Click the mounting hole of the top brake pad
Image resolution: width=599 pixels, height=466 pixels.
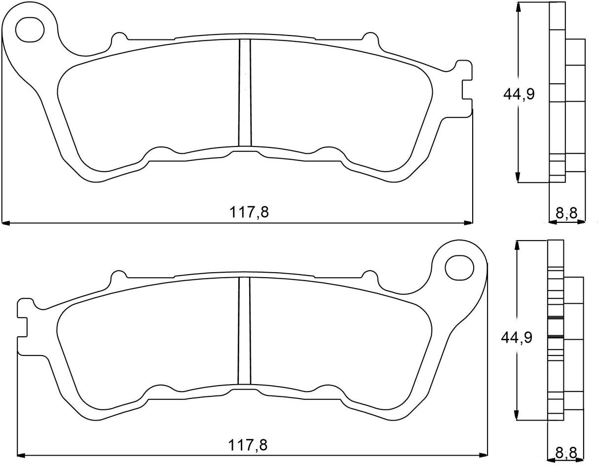pos(30,30)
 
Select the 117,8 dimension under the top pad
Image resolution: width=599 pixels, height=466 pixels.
pos(249,212)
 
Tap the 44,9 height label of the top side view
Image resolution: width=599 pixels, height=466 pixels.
pos(519,94)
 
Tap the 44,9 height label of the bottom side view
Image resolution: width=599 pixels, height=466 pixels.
pos(516,338)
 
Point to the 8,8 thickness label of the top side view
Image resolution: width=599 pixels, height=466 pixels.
pos(566,213)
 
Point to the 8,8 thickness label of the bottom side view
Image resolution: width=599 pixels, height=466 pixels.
pos(566,452)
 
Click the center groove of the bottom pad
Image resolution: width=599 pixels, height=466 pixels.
pos(244,330)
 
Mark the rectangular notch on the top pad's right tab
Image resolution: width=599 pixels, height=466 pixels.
pos(467,89)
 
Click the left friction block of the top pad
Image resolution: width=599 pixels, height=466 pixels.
pos(148,104)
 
